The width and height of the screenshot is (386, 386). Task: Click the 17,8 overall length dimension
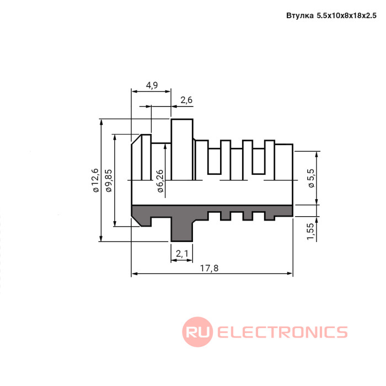click(209, 268)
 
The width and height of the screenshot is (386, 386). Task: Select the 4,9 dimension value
click(152, 85)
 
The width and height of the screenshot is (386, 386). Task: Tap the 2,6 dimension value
click(186, 100)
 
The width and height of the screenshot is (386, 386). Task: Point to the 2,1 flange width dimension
click(182, 253)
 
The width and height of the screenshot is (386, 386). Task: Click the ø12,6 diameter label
click(95, 180)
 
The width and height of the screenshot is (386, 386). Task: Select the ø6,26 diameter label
click(160, 181)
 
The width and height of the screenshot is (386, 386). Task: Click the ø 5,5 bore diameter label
click(312, 178)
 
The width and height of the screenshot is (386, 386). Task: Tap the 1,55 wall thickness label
click(310, 231)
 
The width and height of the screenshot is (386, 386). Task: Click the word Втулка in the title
click(300, 15)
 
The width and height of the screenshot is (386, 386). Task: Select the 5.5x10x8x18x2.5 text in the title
click(346, 15)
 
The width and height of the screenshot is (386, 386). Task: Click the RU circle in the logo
click(197, 331)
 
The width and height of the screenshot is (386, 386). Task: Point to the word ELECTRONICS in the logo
click(282, 332)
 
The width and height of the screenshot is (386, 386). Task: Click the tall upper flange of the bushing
click(182, 149)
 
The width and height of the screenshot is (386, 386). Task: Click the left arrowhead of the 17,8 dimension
click(135, 274)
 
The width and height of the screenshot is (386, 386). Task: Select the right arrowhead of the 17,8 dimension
click(289, 274)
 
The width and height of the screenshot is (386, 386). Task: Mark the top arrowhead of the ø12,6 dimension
click(101, 122)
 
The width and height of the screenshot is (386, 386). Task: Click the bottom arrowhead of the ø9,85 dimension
click(115, 223)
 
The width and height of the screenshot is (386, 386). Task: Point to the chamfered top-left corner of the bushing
click(136, 140)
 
